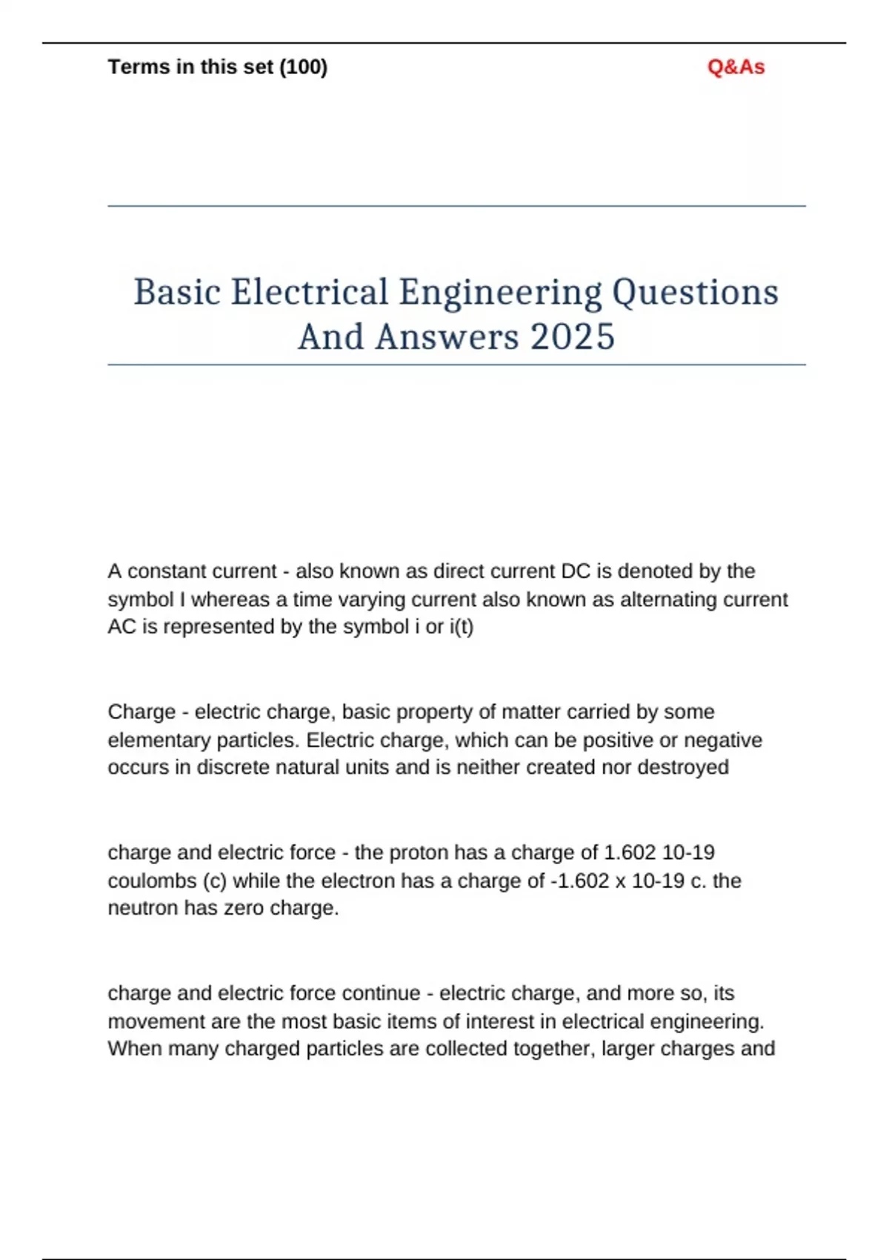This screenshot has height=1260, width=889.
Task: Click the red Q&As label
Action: pos(736,67)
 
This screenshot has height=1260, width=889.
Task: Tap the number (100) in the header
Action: pos(303,67)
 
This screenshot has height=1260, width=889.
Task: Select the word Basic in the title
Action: pos(177,292)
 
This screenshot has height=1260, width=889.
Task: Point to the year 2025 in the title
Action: pos(572,337)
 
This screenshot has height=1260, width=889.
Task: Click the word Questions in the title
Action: pos(694,292)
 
